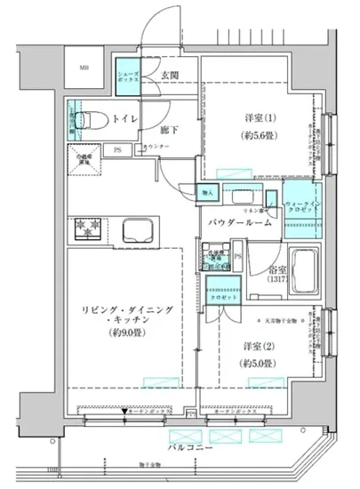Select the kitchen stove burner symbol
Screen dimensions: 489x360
pyautogui.click(x=90, y=227)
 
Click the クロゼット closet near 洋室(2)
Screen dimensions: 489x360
pyautogui.click(x=220, y=293)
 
